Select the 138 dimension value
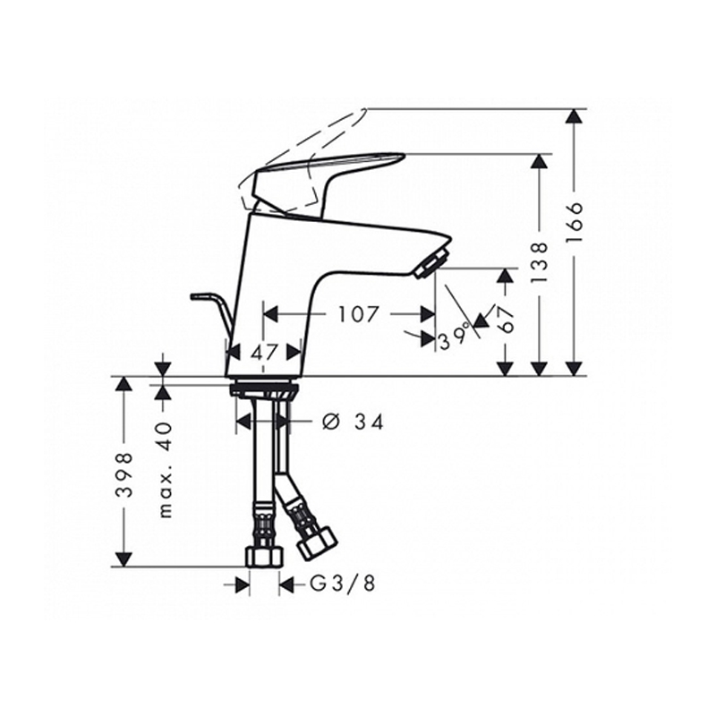click(x=540, y=262)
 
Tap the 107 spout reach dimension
click(x=359, y=314)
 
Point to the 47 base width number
click(x=264, y=352)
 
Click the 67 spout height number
click(x=505, y=319)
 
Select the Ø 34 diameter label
click(x=353, y=422)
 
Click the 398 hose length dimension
click(x=124, y=475)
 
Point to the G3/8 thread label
click(x=343, y=584)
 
